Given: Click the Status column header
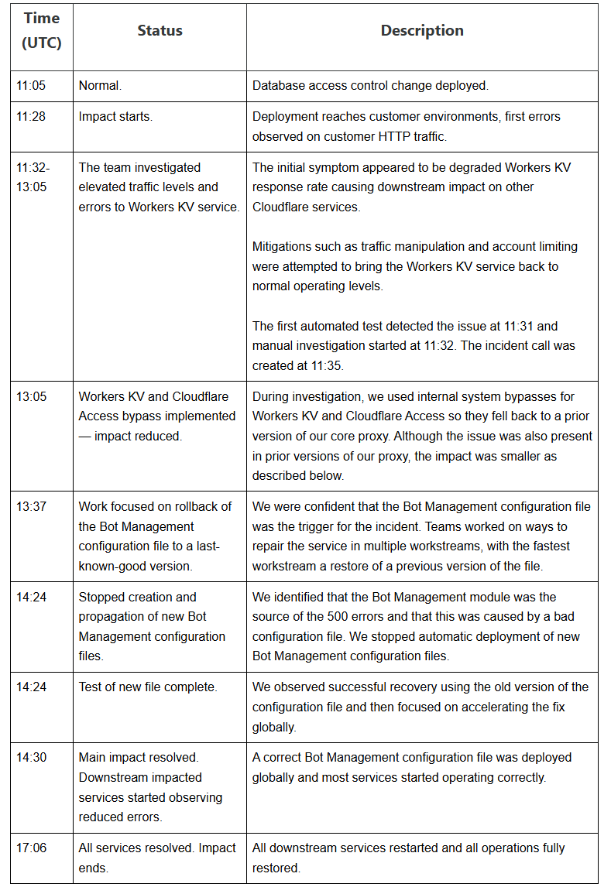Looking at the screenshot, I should click(160, 31).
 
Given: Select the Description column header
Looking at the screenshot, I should click(422, 31).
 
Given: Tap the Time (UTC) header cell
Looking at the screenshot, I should click(42, 31).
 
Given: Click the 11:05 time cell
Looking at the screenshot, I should click(31, 86).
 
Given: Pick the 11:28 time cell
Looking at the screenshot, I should click(31, 117).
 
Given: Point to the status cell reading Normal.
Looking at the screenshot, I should click(95, 86).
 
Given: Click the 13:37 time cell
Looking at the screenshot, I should click(31, 507).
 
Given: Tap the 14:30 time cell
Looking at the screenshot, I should click(31, 758).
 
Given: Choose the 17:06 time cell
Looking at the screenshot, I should click(31, 848).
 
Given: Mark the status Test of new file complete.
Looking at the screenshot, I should click(148, 687).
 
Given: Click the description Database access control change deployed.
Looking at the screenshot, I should click(370, 86).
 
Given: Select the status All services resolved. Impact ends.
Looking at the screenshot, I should click(157, 858).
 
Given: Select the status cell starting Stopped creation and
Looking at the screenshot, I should click(152, 626).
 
